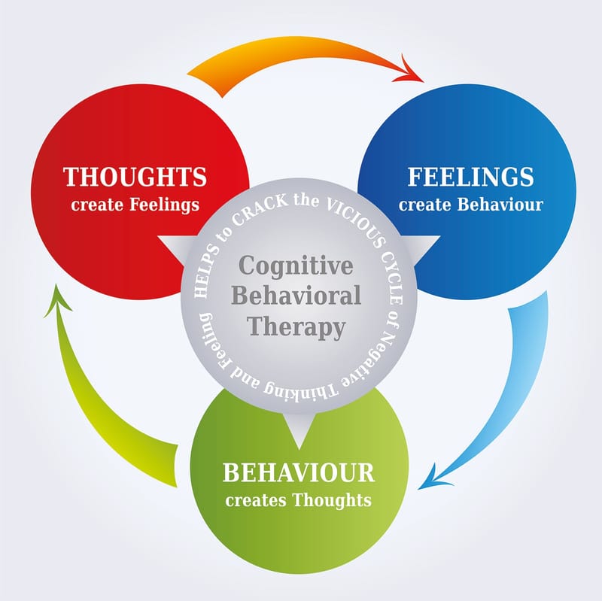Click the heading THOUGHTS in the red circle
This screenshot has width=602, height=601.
coord(135,177)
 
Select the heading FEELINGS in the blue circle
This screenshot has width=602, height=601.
coord(471,177)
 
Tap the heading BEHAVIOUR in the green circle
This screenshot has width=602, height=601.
coord(299,473)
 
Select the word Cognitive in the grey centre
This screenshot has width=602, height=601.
coord(296,266)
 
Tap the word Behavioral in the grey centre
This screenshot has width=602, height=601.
coord(296,296)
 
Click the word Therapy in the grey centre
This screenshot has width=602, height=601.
coord(296,327)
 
